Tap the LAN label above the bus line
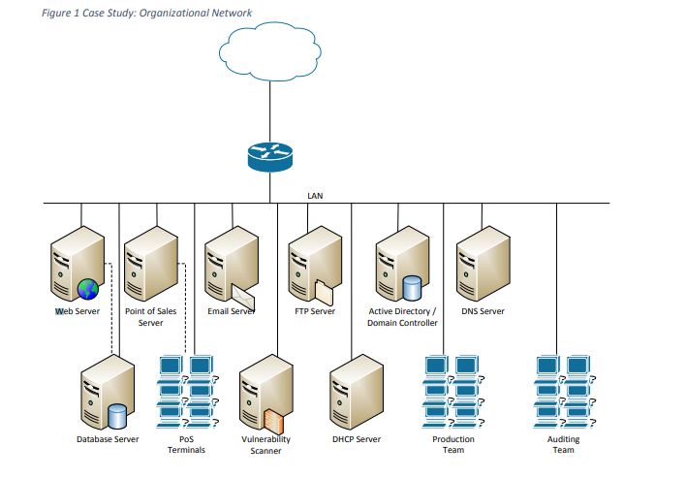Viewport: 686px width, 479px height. tap(315, 195)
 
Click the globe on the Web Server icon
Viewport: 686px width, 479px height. tap(88, 288)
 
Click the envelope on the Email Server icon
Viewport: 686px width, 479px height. tap(242, 289)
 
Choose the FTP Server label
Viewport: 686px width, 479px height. tap(315, 311)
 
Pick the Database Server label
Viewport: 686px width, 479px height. tap(108, 439)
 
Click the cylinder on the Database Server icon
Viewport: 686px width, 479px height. tap(118, 416)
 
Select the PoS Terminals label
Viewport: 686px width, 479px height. tap(186, 444)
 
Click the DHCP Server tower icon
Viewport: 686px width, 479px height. tap(356, 393)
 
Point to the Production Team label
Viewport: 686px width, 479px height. tap(452, 444)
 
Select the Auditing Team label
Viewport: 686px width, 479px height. tap(563, 444)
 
